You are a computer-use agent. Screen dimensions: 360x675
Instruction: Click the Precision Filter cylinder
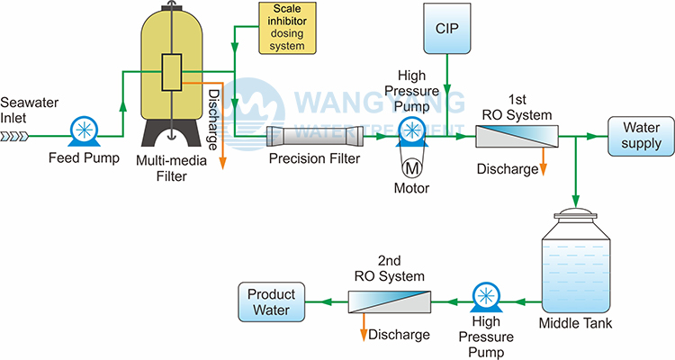316,138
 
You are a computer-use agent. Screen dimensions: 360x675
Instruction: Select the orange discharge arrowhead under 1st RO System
544,171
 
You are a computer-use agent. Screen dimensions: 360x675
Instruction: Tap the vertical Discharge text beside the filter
213,117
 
